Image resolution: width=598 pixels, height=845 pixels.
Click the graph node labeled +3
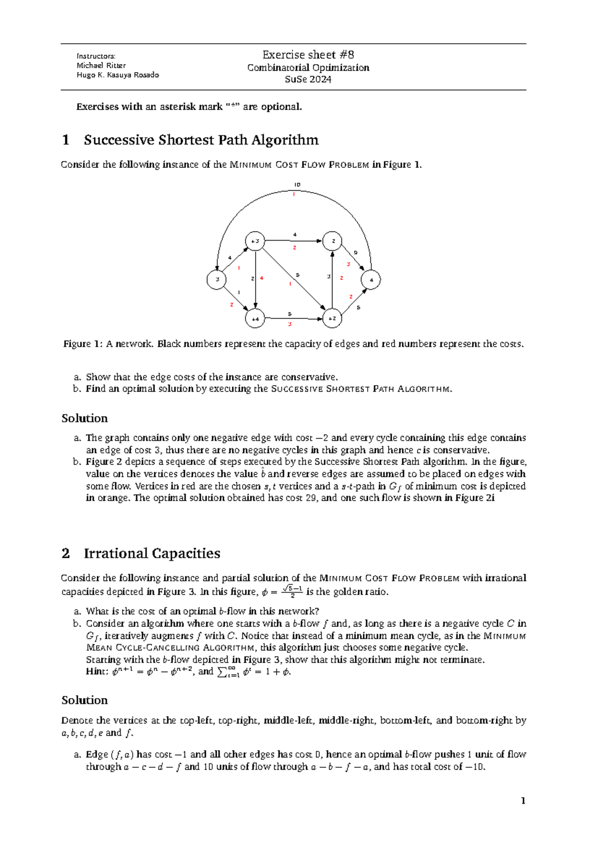(255, 241)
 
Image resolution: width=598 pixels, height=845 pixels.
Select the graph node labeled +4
(255, 318)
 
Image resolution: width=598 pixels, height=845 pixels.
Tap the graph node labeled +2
(332, 318)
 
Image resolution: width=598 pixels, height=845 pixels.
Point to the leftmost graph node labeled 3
(217, 280)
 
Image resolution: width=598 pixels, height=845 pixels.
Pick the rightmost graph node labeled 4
(371, 280)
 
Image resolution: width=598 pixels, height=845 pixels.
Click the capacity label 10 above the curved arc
(297, 185)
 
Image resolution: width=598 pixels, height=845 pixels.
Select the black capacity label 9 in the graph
(355, 253)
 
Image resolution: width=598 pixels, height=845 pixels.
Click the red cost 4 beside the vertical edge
(262, 278)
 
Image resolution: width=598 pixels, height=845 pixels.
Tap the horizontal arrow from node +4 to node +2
(294, 318)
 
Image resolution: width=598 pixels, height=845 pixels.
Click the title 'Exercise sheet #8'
(308, 55)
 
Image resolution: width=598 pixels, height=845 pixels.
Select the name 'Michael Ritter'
(101, 65)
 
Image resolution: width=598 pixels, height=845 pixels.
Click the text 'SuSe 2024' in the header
(308, 79)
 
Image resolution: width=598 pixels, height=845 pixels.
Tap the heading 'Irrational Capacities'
(152, 554)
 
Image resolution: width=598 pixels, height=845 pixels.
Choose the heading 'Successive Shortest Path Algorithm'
(201, 140)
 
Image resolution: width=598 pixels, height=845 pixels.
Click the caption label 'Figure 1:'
(83, 344)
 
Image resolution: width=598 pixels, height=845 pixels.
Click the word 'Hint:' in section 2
(97, 672)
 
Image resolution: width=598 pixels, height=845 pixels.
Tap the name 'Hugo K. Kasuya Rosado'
(118, 75)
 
